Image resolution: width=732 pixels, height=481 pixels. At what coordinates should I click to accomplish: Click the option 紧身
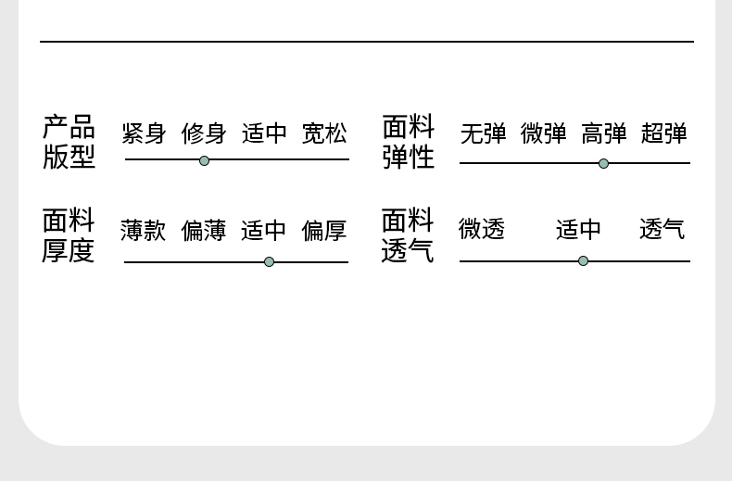pos(144,133)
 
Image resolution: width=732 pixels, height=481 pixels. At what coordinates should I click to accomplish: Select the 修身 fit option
pos(204,133)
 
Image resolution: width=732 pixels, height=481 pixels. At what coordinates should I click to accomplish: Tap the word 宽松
pos(324,133)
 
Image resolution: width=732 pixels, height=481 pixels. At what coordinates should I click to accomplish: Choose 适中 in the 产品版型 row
pos(264,133)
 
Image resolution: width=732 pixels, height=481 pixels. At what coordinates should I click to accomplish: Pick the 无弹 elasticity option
pos(484,133)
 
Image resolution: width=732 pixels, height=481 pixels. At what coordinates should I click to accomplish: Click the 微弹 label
pos(544,133)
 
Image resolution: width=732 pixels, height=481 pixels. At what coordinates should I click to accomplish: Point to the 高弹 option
pos(604,133)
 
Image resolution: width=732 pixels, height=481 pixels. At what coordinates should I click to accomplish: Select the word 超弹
pos(664,133)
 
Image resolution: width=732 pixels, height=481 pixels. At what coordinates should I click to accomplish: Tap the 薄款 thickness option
pos(144,231)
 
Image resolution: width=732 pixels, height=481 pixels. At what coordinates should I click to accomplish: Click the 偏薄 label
pos(204,231)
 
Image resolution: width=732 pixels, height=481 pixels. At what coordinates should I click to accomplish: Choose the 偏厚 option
pos(324,231)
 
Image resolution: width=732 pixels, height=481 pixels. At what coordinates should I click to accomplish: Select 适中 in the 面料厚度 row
pos(264,231)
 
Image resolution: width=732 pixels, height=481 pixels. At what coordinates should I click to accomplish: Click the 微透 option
pos(482,229)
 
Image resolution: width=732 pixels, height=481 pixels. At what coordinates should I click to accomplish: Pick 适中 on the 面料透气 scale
pos(579,229)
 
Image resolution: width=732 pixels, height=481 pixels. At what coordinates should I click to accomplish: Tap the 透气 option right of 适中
pos(663,229)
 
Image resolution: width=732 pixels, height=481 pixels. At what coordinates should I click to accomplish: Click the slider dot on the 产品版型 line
pos(204,160)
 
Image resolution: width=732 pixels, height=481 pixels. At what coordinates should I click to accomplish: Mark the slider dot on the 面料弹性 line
pos(603,164)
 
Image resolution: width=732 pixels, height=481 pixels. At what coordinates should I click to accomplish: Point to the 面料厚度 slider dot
pos(269,261)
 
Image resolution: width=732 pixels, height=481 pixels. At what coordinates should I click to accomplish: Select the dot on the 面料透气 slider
pos(583,260)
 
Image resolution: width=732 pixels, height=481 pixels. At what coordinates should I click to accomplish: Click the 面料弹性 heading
pos(409,141)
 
